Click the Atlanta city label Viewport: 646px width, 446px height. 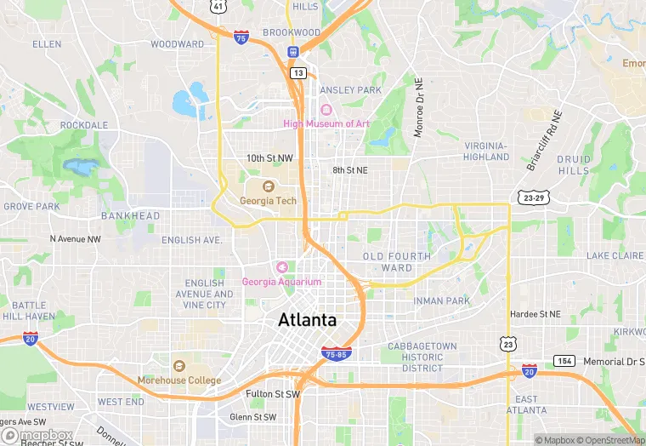tap(307, 321)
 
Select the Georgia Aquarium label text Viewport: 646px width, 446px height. tap(282, 282)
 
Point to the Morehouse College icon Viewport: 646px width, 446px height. tap(178, 367)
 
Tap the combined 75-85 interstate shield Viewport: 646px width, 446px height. tap(337, 353)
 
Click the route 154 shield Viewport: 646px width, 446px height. tap(563, 361)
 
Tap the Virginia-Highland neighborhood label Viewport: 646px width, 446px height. tap(487, 151)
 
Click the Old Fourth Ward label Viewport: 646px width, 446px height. tap(397, 261)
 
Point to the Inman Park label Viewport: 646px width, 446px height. tap(442, 300)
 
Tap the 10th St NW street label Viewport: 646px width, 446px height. tap(269, 158)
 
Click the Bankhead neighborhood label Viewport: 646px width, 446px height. tap(131, 216)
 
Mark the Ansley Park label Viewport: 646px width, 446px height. tap(350, 90)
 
